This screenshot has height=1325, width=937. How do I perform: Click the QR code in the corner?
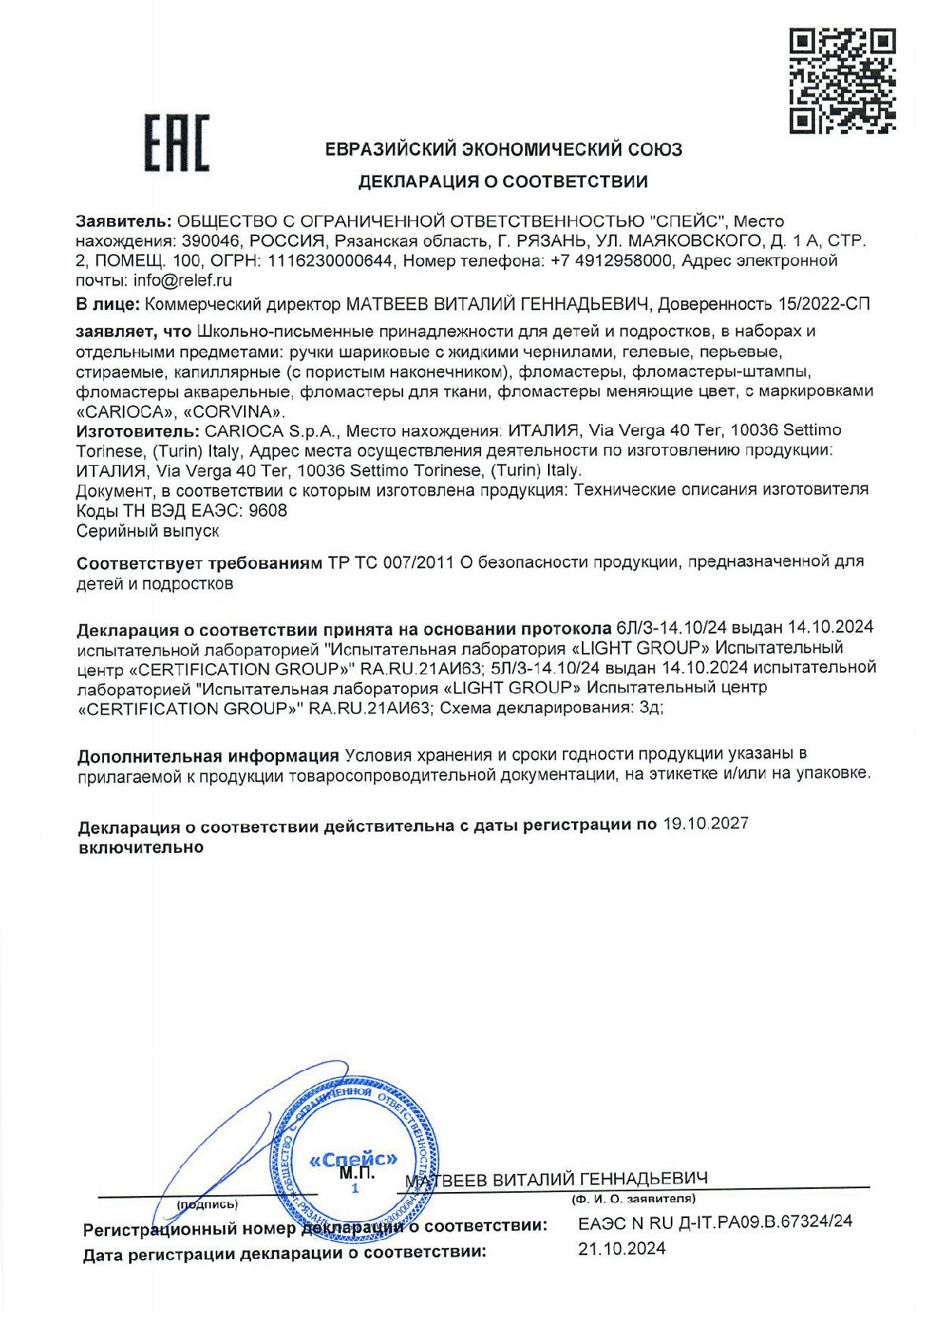click(x=841, y=80)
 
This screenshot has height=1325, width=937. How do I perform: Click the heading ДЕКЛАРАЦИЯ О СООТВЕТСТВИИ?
click(x=504, y=183)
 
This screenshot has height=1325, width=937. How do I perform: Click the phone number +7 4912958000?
click(x=616, y=260)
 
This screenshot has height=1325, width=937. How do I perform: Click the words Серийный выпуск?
click(x=146, y=531)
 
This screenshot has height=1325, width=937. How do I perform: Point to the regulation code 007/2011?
click(x=414, y=563)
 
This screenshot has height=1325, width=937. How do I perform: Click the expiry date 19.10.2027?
click(x=705, y=824)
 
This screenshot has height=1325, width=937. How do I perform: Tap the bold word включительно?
click(x=141, y=847)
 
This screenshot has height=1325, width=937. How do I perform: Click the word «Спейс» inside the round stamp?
click(x=354, y=1159)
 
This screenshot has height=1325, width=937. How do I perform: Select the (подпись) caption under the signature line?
click(x=206, y=1204)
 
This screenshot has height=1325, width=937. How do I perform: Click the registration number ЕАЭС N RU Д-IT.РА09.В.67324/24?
click(x=715, y=1222)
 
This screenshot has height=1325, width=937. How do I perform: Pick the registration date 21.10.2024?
click(x=621, y=1249)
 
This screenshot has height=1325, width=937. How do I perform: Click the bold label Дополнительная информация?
click(x=208, y=756)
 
